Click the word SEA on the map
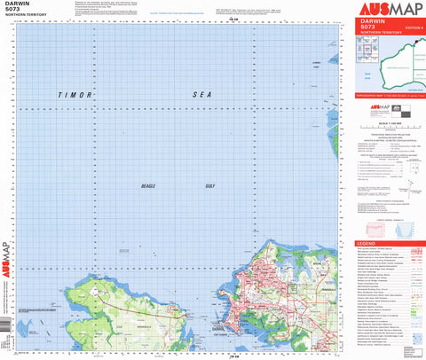coord(205,95)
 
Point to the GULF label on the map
coord(209,186)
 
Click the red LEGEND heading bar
coord(389,243)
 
